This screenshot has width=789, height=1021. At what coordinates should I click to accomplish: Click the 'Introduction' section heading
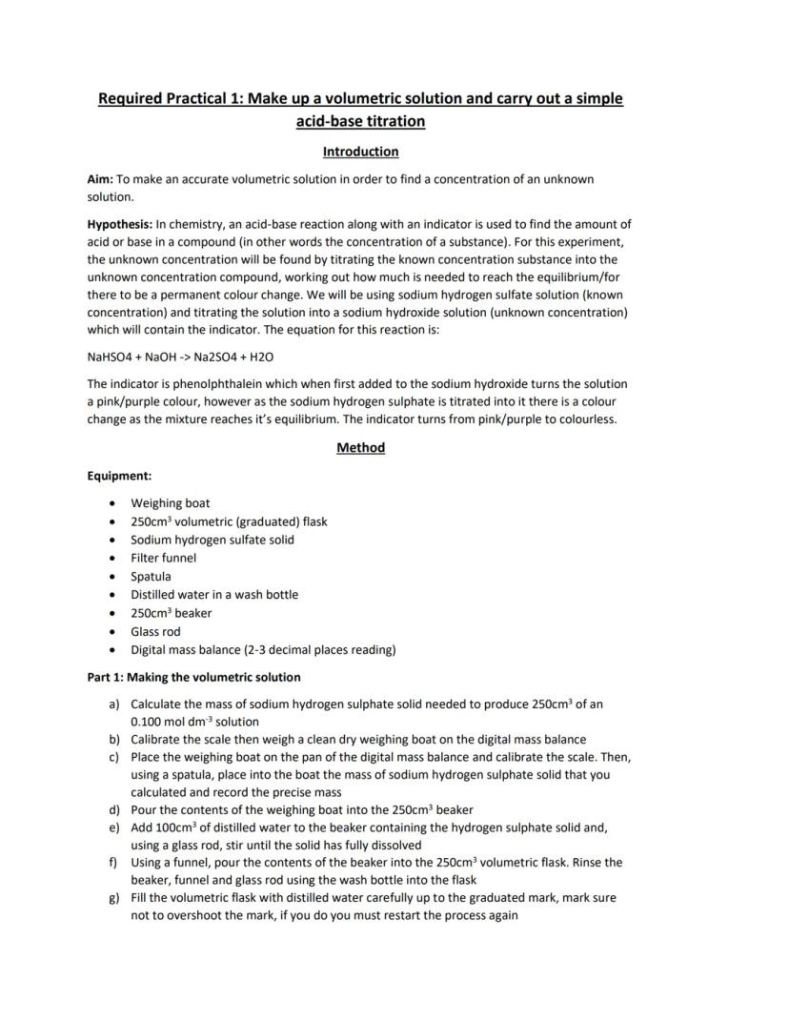coord(360,152)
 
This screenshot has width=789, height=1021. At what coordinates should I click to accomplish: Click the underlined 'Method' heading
coord(360,448)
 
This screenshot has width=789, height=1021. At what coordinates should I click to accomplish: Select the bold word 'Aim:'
coord(100,179)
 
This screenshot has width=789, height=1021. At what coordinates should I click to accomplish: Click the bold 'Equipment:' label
coord(119,476)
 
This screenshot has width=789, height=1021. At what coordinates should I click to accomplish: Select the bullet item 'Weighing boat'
coord(171,503)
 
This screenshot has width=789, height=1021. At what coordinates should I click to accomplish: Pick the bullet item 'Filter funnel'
coord(164,558)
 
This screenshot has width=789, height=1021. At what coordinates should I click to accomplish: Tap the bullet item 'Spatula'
coord(152,577)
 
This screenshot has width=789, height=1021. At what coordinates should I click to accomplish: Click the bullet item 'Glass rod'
coord(155,631)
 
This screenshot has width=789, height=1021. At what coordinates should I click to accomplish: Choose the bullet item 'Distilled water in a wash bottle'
coord(214,595)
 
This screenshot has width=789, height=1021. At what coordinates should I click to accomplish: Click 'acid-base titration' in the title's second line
coord(360,122)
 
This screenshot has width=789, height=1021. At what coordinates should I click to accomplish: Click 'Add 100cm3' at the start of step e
coord(164,827)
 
